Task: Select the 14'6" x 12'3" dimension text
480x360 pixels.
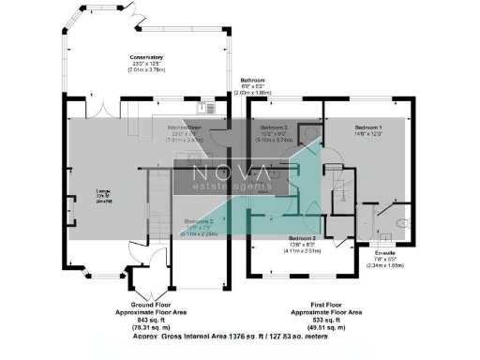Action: [x=367, y=134]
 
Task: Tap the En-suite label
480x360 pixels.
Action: [x=384, y=253]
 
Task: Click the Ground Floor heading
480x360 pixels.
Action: [x=149, y=305]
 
